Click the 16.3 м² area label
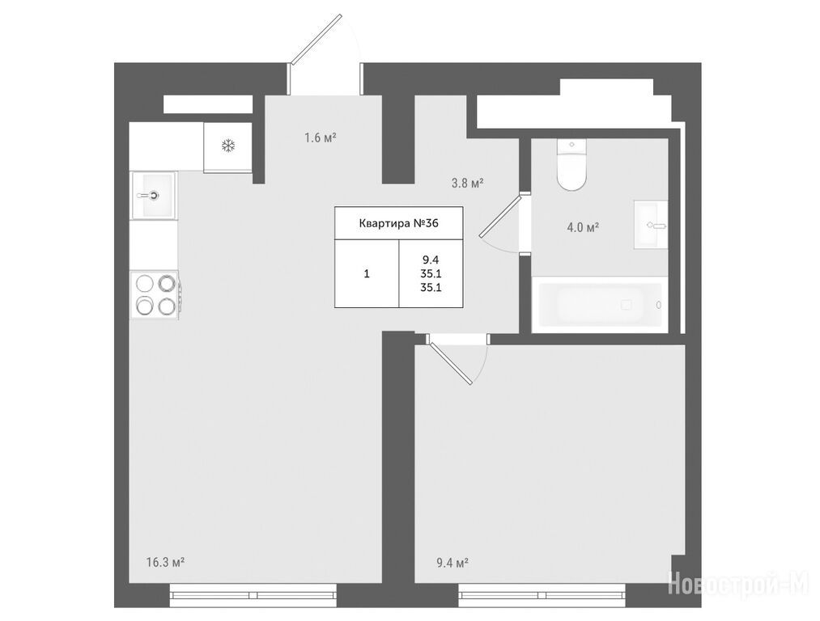[165, 563]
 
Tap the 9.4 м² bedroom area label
[452, 563]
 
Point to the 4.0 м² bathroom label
[583, 228]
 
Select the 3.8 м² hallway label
[468, 184]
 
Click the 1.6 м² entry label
[321, 138]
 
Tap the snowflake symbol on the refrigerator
[228, 146]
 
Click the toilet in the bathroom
[571, 164]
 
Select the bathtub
[599, 305]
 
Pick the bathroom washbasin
[651, 225]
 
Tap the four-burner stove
[155, 295]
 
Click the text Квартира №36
[399, 223]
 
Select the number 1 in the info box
[367, 273]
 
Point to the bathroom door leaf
[500, 216]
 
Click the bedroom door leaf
[449, 360]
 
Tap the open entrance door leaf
[317, 40]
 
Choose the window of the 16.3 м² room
[253, 595]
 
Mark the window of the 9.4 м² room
[542, 595]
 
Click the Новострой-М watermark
[740, 581]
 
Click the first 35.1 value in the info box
[431, 273]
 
